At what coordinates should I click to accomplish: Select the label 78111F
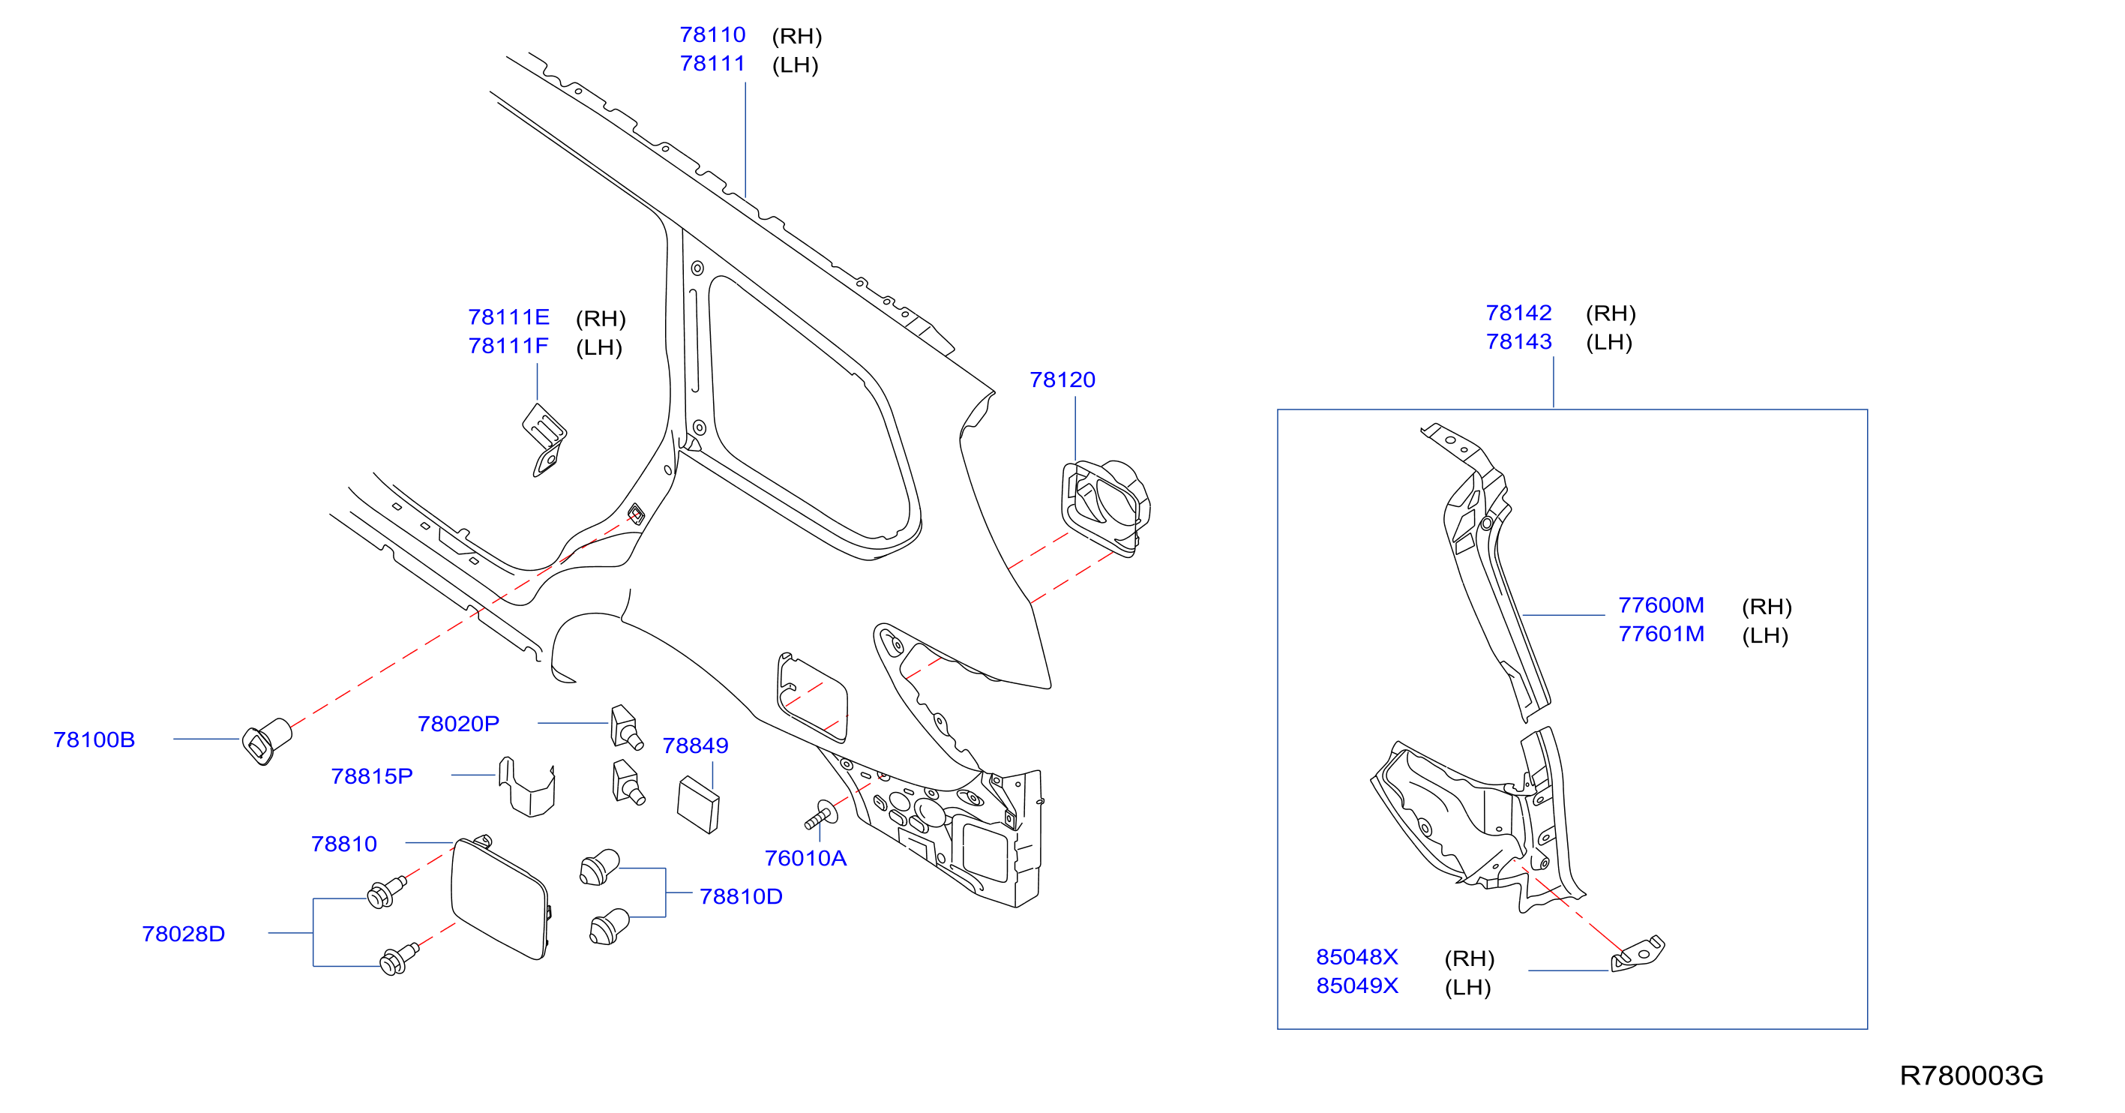tap(508, 346)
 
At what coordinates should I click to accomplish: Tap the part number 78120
tap(1062, 379)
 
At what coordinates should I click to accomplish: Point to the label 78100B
tap(94, 739)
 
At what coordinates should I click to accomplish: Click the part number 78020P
tap(459, 724)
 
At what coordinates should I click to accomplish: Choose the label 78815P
tap(372, 776)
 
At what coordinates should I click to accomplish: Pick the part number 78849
tap(695, 745)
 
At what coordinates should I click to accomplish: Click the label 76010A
tap(805, 858)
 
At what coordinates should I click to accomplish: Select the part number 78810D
tap(741, 896)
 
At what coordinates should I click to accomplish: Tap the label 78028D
tap(183, 933)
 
